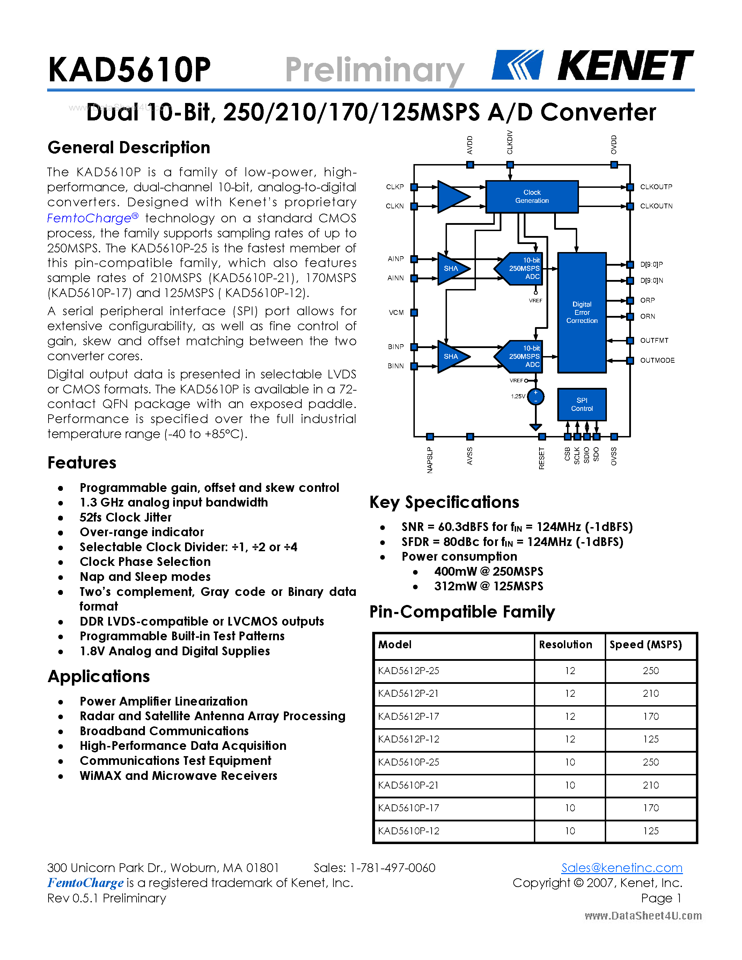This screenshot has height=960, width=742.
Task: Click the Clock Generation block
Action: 531,197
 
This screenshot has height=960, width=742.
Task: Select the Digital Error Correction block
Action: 582,312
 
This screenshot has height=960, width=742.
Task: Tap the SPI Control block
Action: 582,404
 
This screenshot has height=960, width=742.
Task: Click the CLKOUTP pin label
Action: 656,187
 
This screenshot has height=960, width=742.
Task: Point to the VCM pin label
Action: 396,312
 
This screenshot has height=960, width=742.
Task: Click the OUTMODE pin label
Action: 657,361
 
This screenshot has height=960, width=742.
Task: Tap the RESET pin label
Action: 542,458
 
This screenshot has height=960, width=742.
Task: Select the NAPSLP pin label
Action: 430,460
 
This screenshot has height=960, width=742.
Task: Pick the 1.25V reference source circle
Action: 535,397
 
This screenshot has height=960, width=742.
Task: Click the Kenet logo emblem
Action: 517,65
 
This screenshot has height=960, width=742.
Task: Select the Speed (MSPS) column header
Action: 645,645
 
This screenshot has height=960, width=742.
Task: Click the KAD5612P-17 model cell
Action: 409,716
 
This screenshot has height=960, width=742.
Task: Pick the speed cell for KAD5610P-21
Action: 651,785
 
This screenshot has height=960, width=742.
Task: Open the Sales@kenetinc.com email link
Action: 622,868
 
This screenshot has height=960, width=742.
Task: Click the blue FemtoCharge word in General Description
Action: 89,219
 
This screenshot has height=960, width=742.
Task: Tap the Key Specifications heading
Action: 444,502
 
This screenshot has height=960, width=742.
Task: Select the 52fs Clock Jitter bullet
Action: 125,517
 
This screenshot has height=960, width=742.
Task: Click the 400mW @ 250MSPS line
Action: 488,571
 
